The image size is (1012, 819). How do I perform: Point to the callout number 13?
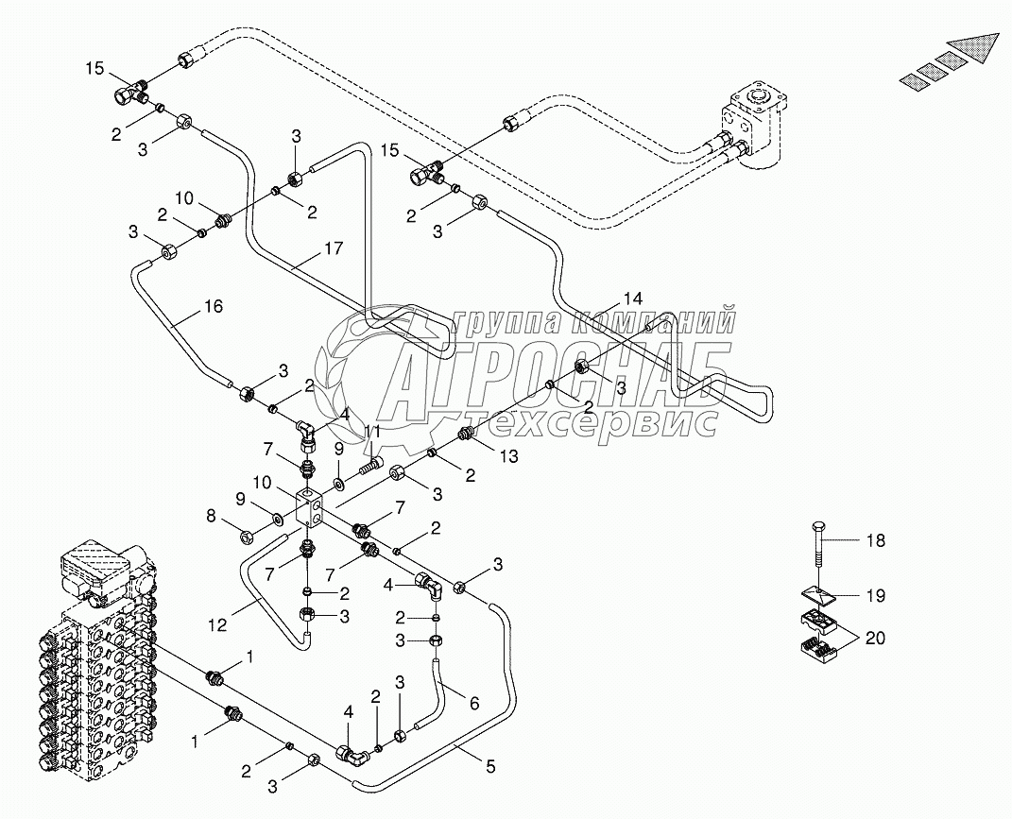pos(509,456)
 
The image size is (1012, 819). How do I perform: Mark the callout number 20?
pos(877,639)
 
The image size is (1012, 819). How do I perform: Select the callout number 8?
pos(212,517)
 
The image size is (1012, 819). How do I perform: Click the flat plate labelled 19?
pos(818,596)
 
